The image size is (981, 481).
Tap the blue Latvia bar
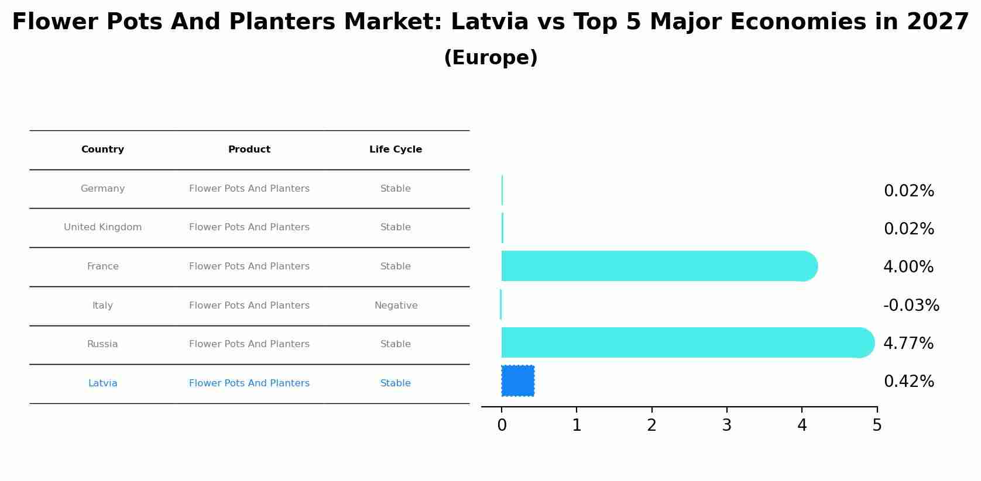[517, 381]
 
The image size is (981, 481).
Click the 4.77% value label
[908, 344]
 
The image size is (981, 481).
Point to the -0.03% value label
[911, 306]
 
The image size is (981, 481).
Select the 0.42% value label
[908, 382]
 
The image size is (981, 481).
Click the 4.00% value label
[908, 267]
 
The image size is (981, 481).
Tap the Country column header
[102, 150]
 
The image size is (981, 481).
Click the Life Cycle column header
[396, 150]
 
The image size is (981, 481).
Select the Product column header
[249, 150]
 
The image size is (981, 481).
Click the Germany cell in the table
[102, 189]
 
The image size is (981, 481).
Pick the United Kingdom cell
[102, 227]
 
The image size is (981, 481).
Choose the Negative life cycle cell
[396, 306]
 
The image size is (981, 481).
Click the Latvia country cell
[102, 383]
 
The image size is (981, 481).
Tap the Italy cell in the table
[102, 306]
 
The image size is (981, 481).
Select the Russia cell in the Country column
[102, 344]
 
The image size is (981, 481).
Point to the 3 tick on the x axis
[726, 425]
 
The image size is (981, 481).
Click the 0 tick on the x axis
[502, 425]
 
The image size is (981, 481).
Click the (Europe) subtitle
[490, 58]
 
